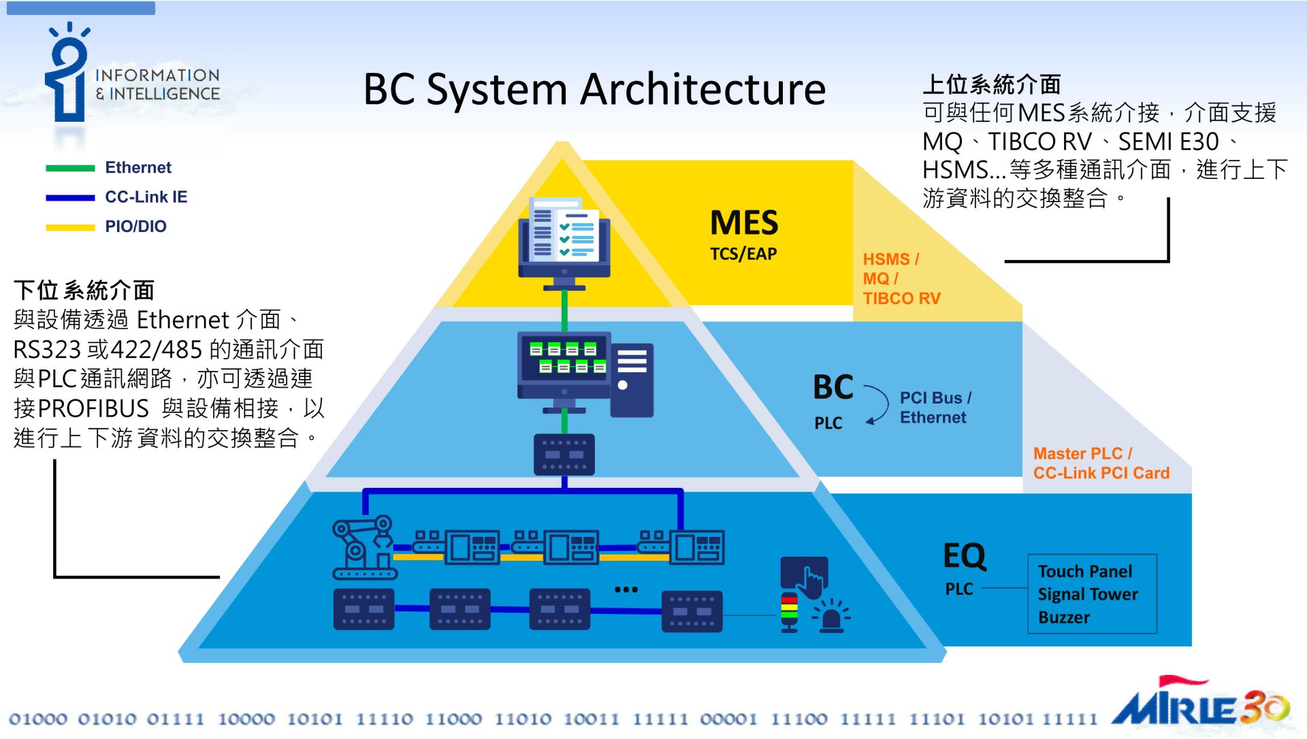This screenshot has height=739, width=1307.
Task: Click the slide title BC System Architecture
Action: click(x=594, y=89)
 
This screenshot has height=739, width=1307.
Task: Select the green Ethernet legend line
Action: click(x=70, y=168)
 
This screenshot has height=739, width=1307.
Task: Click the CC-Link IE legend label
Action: click(x=146, y=197)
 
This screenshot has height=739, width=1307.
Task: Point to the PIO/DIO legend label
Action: click(x=135, y=227)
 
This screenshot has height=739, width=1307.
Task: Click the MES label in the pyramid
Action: click(x=743, y=223)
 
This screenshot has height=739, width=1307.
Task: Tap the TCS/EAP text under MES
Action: click(x=743, y=254)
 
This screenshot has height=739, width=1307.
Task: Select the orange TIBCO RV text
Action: click(x=901, y=299)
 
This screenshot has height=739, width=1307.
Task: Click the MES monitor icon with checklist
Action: click(x=564, y=240)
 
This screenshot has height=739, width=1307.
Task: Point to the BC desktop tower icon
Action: click(x=632, y=380)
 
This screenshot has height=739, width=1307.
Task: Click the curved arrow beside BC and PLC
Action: click(x=878, y=405)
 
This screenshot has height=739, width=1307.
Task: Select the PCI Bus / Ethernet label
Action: click(x=935, y=408)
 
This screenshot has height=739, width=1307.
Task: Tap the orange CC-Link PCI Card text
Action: click(x=1101, y=473)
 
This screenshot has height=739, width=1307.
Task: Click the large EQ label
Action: click(x=964, y=556)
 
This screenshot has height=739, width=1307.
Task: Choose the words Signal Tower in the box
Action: click(x=1087, y=594)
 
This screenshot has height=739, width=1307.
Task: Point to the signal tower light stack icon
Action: click(x=789, y=612)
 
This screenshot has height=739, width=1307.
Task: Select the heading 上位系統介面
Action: click(x=991, y=84)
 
